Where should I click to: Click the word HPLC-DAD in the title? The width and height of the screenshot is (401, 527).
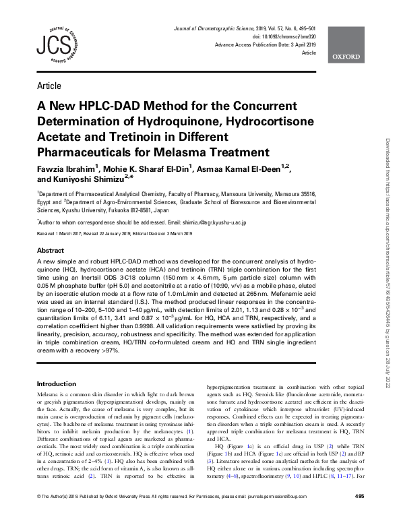pyautogui.click(x=100, y=106)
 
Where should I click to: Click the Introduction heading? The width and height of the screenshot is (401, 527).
pyautogui.click(x=55, y=383)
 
